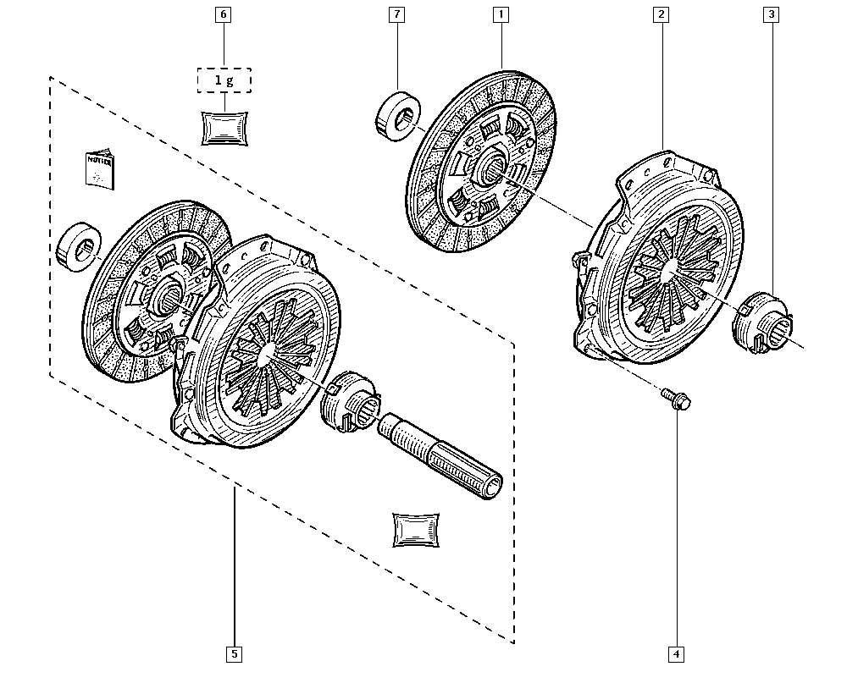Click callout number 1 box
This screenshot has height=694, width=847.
click(501, 14)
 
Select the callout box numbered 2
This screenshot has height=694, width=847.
click(660, 14)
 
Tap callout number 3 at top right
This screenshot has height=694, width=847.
click(771, 14)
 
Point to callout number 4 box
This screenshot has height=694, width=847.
click(675, 653)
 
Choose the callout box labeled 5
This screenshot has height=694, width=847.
click(234, 653)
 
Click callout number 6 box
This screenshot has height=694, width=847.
click(224, 14)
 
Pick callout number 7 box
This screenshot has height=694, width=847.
click(397, 14)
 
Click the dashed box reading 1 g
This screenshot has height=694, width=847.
click(224, 80)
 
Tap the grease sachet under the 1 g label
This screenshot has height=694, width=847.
click(224, 127)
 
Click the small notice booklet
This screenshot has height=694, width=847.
click(99, 169)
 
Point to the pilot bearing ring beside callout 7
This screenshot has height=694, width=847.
click(396, 113)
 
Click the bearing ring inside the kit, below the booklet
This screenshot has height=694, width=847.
click(80, 246)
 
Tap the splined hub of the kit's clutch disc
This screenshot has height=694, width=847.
click(168, 295)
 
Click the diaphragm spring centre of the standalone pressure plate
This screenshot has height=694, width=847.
click(672, 269)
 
